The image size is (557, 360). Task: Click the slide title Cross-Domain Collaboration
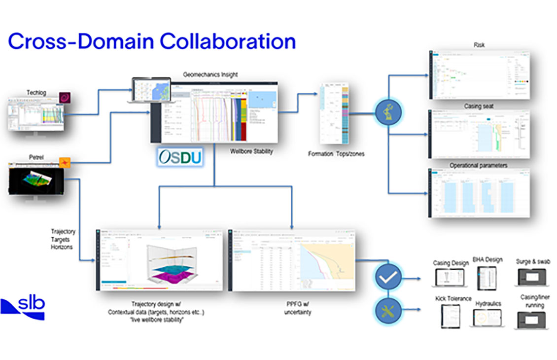pos(151,41)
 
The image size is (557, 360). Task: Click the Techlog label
pos(36,92)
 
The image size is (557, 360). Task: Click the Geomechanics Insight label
pos(210,74)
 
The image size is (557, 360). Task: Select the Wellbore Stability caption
pos(251,151)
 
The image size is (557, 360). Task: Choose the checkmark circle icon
pos(388,278)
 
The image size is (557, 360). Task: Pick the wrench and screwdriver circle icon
pos(388,310)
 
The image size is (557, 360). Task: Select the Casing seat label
pos(478,106)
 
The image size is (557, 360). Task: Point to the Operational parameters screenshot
pos(478,193)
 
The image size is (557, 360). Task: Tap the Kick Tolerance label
pos(453,299)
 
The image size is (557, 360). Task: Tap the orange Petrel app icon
pos(65,163)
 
